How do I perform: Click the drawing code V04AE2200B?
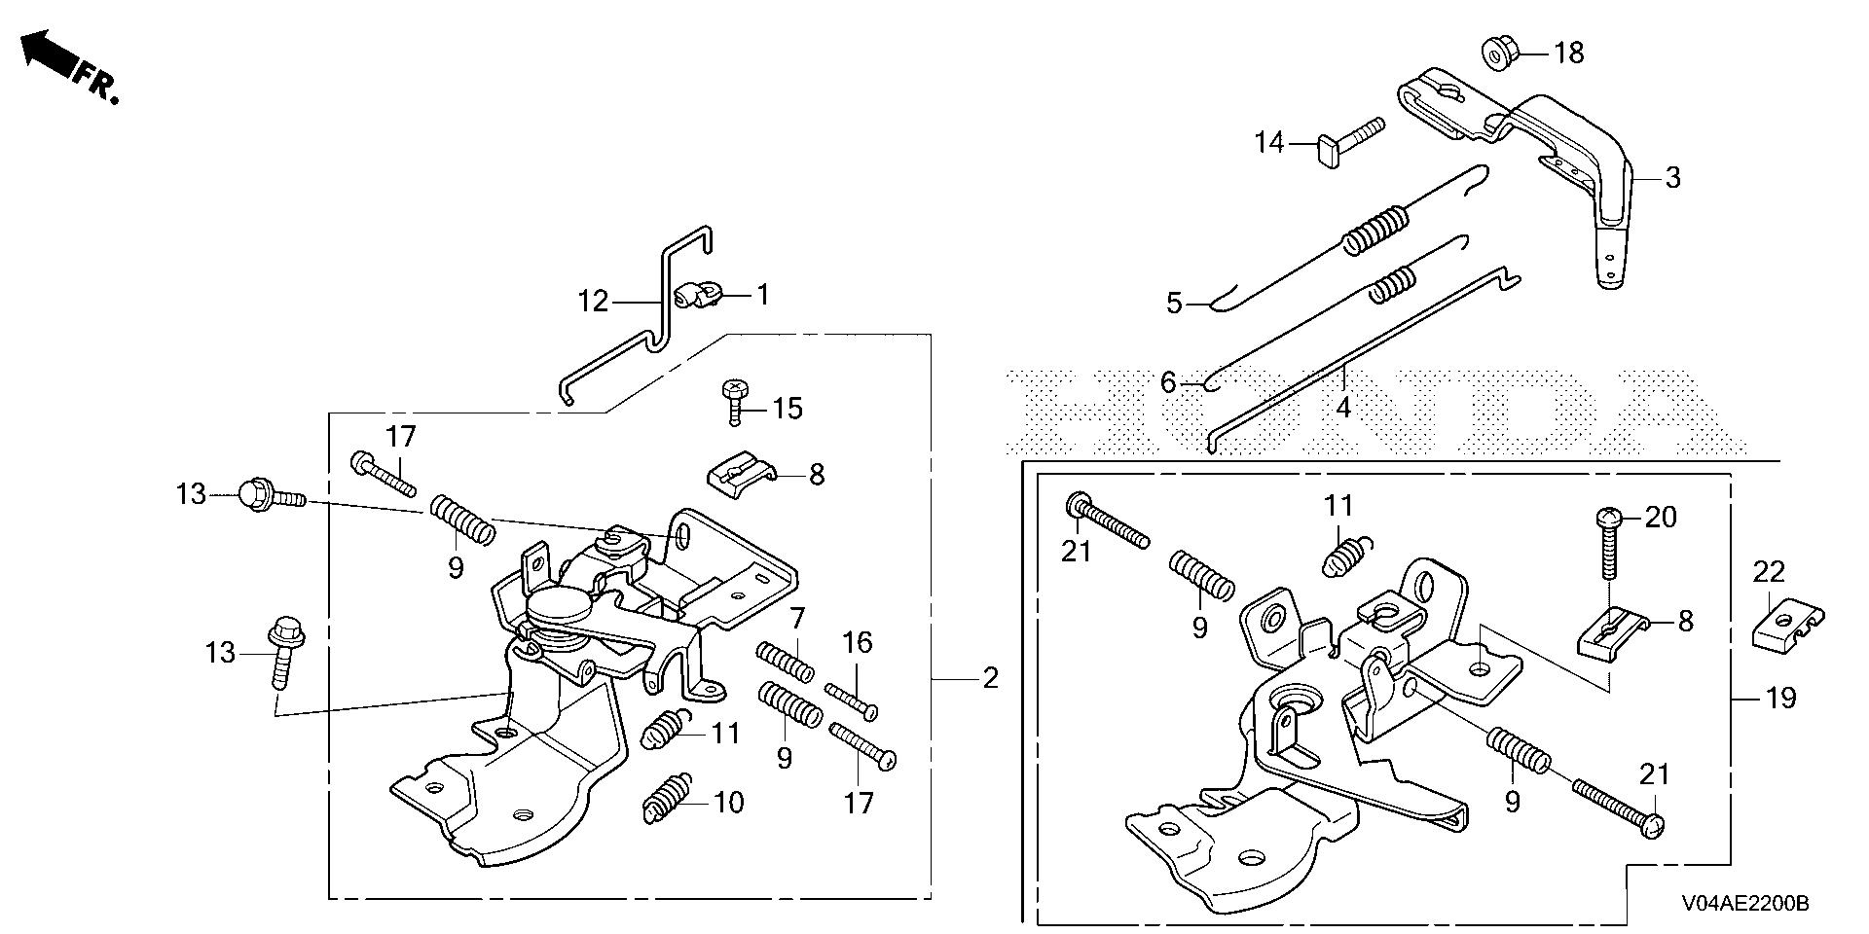tap(1743, 904)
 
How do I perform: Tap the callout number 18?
tap(1568, 53)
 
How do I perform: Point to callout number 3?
tap(1672, 178)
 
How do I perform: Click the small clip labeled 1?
tap(695, 293)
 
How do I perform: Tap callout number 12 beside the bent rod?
tap(594, 301)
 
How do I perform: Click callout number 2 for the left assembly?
tap(990, 677)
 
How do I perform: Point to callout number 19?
tap(1780, 699)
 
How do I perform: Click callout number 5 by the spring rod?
tap(1174, 304)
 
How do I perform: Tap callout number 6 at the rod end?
tap(1168, 383)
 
